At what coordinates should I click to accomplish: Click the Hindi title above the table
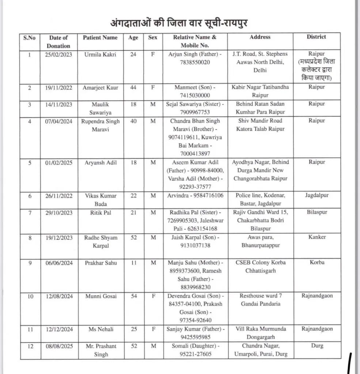tap(180, 23)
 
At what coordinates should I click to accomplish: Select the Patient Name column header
tap(100, 38)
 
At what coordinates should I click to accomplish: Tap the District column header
tap(316, 37)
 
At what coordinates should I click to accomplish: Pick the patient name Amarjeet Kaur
tap(100, 87)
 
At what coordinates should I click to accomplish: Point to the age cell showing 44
tap(133, 87)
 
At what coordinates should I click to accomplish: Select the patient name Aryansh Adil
tap(100, 163)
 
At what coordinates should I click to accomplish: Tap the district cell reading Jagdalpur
tap(316, 195)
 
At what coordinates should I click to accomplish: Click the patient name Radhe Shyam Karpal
tap(100, 242)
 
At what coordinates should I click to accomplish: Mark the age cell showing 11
tap(133, 263)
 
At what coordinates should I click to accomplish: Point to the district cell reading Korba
tap(316, 263)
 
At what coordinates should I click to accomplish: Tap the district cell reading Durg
tap(316, 346)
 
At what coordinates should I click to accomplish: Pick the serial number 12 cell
tap(29, 346)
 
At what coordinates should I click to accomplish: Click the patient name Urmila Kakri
tap(100, 54)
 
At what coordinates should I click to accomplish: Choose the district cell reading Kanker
tap(316, 237)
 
